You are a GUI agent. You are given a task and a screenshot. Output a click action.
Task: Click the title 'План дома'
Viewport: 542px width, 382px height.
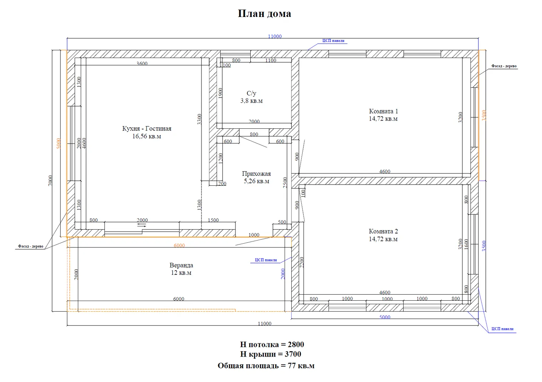(264, 13)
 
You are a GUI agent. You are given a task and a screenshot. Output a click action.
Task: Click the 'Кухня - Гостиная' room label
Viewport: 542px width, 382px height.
(147, 129)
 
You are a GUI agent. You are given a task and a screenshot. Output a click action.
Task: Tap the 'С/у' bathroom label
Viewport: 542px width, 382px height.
(251, 93)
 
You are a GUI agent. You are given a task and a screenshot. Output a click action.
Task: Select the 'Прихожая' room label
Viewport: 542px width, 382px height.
(256, 174)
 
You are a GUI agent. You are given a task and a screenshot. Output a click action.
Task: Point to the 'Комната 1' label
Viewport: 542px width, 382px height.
(383, 111)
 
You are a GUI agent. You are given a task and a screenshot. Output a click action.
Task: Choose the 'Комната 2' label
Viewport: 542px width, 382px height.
(383, 231)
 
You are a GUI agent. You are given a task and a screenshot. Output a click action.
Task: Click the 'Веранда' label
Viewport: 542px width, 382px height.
(181, 265)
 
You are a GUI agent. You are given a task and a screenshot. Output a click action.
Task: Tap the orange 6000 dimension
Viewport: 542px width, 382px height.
(179, 245)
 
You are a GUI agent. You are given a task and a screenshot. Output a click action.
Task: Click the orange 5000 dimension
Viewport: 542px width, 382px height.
(58, 144)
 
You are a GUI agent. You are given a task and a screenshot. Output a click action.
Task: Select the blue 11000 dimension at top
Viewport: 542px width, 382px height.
(275, 36)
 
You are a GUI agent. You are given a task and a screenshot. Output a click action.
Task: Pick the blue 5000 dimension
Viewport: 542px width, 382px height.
(385, 317)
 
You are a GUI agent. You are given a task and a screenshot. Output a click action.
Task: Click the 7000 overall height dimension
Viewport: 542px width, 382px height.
(50, 181)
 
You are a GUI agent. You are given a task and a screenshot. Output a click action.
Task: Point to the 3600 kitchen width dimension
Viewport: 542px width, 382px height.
(142, 64)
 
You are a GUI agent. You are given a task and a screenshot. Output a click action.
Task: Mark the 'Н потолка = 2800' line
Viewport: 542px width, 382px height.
(272, 344)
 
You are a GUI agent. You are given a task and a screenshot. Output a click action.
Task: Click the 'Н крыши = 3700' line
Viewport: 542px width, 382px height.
(270, 354)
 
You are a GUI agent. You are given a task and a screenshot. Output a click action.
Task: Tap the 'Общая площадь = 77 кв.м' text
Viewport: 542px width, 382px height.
(266, 366)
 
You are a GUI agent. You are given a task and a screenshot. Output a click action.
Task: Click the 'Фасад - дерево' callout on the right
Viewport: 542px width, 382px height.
(504, 66)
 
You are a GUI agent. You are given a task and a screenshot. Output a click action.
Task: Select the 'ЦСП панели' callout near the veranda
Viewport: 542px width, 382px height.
(266, 260)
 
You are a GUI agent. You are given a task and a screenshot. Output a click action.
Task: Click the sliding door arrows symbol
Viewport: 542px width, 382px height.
(142, 225)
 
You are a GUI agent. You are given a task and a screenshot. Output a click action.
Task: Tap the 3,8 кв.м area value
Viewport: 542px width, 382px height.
(251, 101)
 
